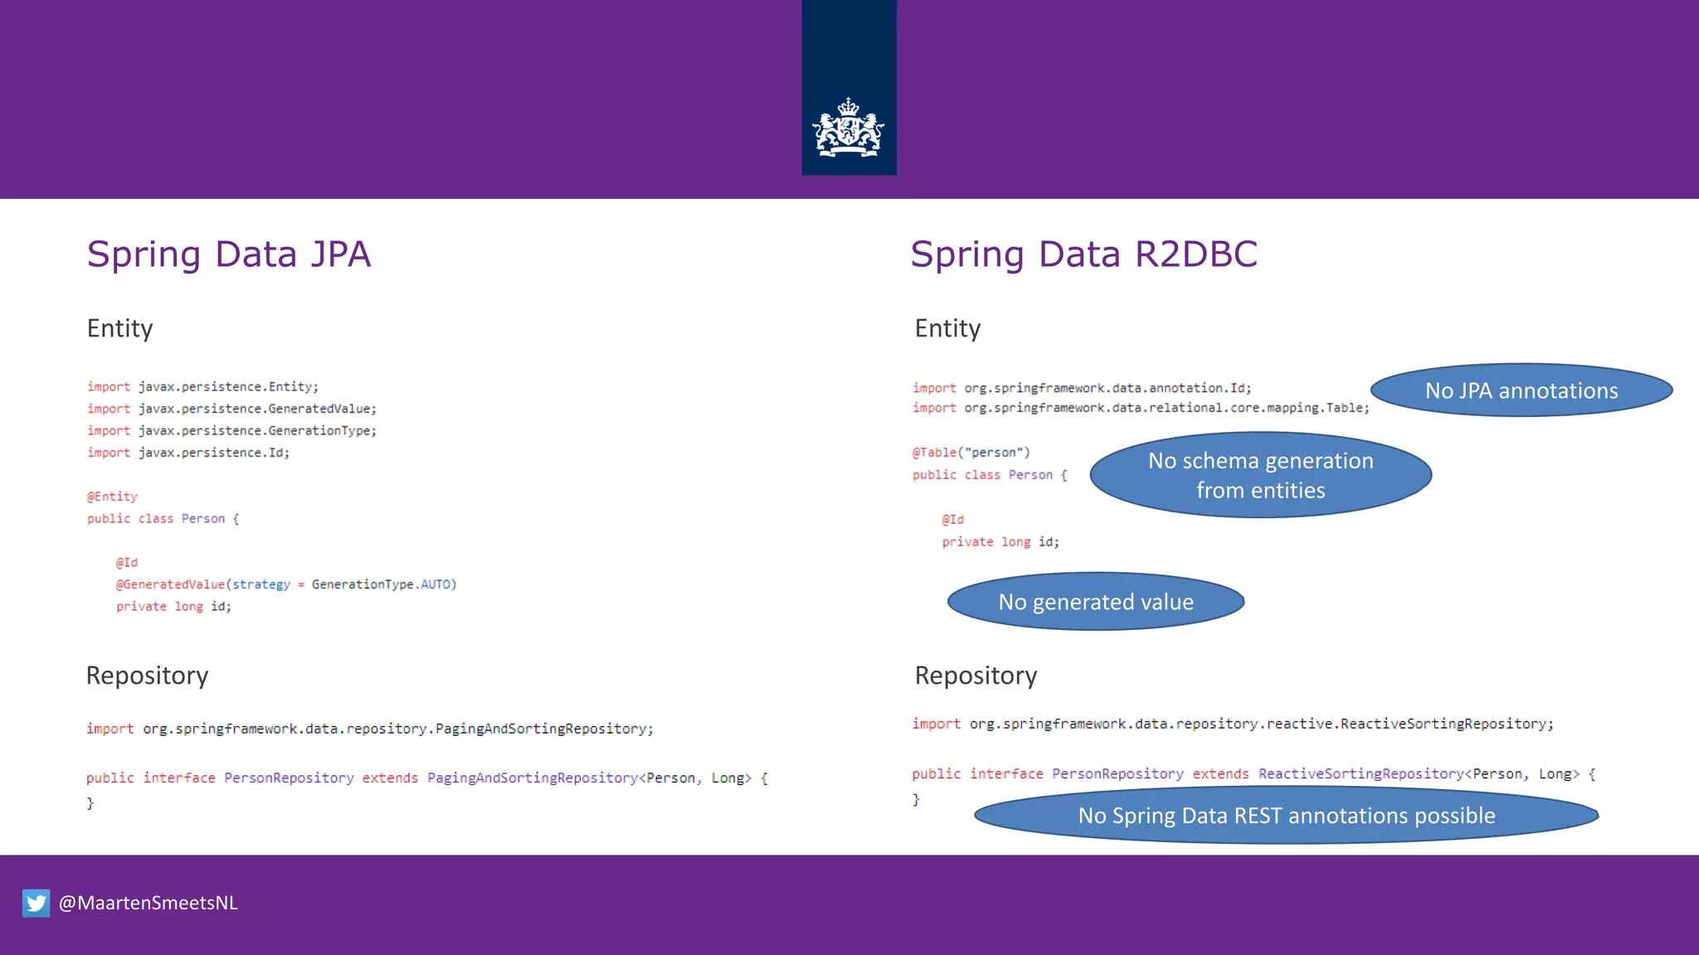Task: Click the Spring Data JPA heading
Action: (x=228, y=255)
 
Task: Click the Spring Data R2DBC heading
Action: (x=1083, y=255)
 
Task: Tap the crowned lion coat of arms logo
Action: (x=848, y=128)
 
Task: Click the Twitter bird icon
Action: (x=36, y=903)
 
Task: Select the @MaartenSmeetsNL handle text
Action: (x=148, y=903)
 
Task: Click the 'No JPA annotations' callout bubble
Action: (x=1521, y=390)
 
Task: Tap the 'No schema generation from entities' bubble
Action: (x=1260, y=475)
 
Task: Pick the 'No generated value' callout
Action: (x=1095, y=602)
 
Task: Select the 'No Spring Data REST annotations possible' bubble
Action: (x=1286, y=816)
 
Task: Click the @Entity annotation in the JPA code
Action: (x=112, y=497)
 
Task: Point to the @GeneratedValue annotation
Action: (x=170, y=584)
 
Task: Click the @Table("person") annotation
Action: (x=971, y=453)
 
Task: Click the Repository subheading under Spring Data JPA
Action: (x=147, y=676)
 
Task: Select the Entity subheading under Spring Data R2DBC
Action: (x=947, y=328)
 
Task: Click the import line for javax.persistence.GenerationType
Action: (x=231, y=431)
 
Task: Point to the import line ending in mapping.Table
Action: (x=1141, y=408)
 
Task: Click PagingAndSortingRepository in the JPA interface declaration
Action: (x=532, y=778)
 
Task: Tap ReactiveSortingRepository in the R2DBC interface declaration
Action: (x=1361, y=773)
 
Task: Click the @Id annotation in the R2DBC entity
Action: (x=952, y=520)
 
